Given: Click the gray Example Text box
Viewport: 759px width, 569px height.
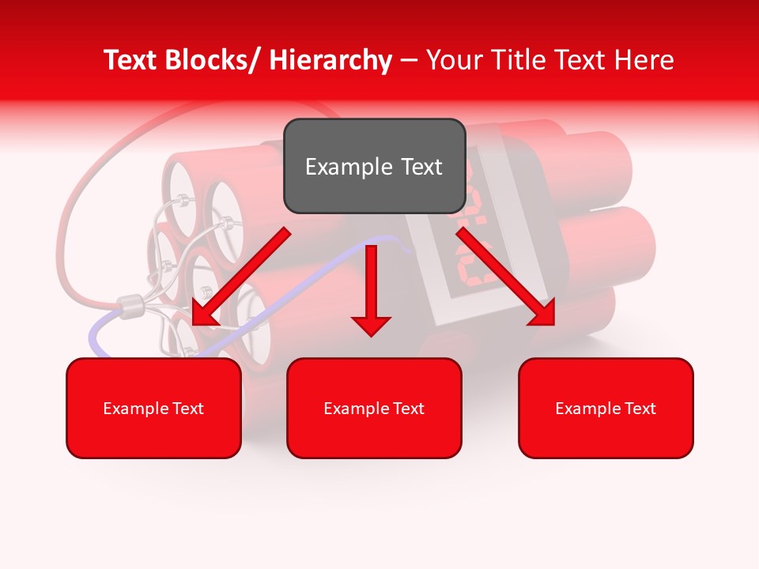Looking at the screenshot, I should point(374,166).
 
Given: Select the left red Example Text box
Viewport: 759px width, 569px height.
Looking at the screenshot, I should point(153,408).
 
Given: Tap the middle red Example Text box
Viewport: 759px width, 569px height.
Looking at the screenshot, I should point(374,408).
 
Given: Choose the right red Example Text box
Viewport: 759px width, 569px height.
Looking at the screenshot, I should point(606,408).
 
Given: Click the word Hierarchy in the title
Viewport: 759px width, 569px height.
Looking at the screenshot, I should point(330,60).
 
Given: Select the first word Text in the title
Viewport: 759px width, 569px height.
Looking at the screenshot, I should point(130,60).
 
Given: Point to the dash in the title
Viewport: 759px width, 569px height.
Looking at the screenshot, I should point(409,61).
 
